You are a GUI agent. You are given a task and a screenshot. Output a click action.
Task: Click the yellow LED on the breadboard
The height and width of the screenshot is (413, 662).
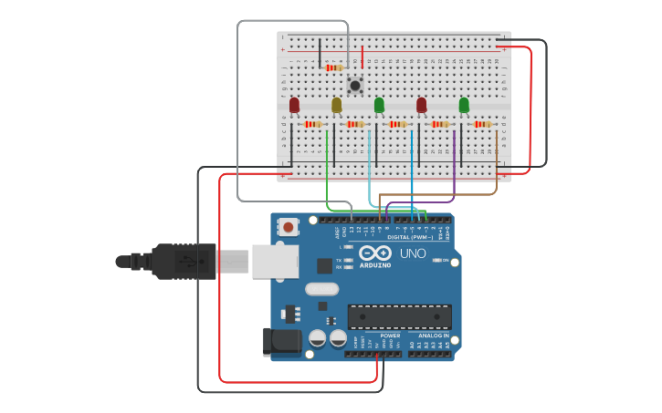coord(336,105)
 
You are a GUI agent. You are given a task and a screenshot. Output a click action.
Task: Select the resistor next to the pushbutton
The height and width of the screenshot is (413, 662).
coord(333,67)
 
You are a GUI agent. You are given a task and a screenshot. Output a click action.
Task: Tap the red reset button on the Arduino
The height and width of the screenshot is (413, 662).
coord(289,227)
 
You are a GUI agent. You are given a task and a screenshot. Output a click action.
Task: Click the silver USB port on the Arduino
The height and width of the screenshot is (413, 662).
coord(274,261)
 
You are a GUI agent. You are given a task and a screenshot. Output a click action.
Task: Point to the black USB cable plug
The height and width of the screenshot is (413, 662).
coord(183,261)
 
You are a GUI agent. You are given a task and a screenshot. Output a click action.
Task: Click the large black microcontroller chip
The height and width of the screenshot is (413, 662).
coord(399,316)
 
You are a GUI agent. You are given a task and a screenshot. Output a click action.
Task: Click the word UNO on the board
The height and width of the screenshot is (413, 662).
coord(414,253)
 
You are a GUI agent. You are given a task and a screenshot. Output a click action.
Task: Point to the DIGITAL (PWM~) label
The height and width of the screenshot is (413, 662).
coord(411,237)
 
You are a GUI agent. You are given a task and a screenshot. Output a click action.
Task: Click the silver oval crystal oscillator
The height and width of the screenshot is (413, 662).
coord(321,289)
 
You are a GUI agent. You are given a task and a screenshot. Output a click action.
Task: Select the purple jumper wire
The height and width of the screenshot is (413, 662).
coord(454,164)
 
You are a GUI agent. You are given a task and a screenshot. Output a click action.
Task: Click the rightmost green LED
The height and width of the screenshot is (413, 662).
coord(464,105)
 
